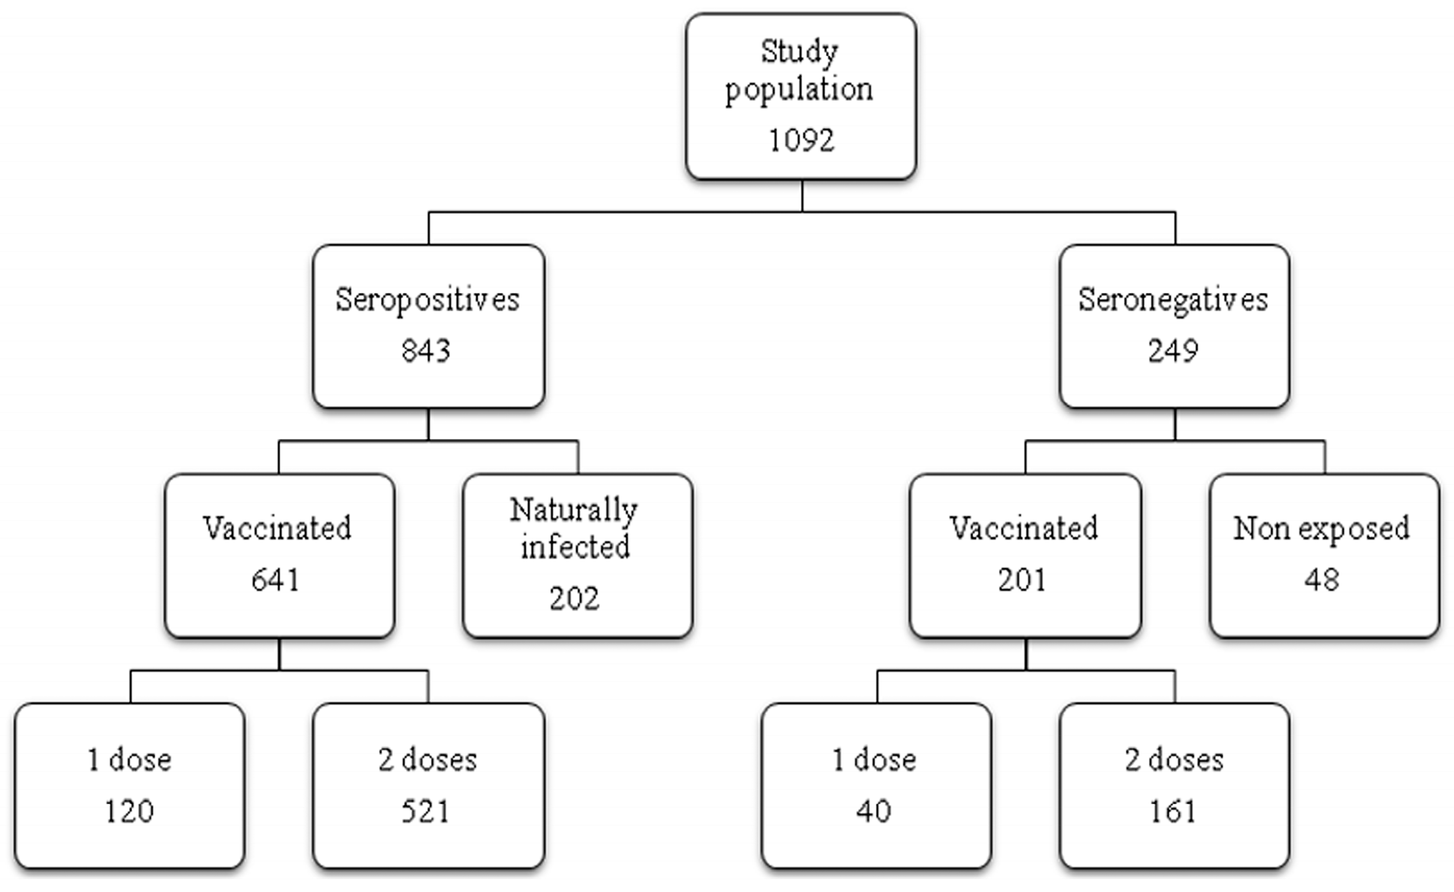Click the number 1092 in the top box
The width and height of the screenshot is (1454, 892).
coord(801,140)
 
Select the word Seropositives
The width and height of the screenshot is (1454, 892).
coord(427,299)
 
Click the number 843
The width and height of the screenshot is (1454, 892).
coord(426,350)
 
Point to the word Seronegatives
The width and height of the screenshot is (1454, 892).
coord(1173,299)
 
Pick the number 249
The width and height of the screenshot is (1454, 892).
coord(1173,350)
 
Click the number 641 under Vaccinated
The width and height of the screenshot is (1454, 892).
coord(276,579)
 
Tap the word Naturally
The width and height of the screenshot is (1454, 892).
coord(574,510)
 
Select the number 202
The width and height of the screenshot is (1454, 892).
coord(575,598)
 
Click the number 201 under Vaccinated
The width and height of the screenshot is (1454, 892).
coord(1022,579)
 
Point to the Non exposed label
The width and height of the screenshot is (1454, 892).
coord(1322,528)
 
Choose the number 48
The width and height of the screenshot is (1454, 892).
coord(1322,579)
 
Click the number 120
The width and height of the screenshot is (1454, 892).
coord(129,811)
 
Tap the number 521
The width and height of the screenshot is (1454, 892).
coord(426,811)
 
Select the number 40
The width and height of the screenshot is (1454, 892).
coord(874,811)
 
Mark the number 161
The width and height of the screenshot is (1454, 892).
coord(1173,811)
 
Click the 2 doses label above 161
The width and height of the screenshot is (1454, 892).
coord(1174,759)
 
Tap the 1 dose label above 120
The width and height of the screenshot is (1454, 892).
coord(129,759)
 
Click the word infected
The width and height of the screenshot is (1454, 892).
coord(575,546)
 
